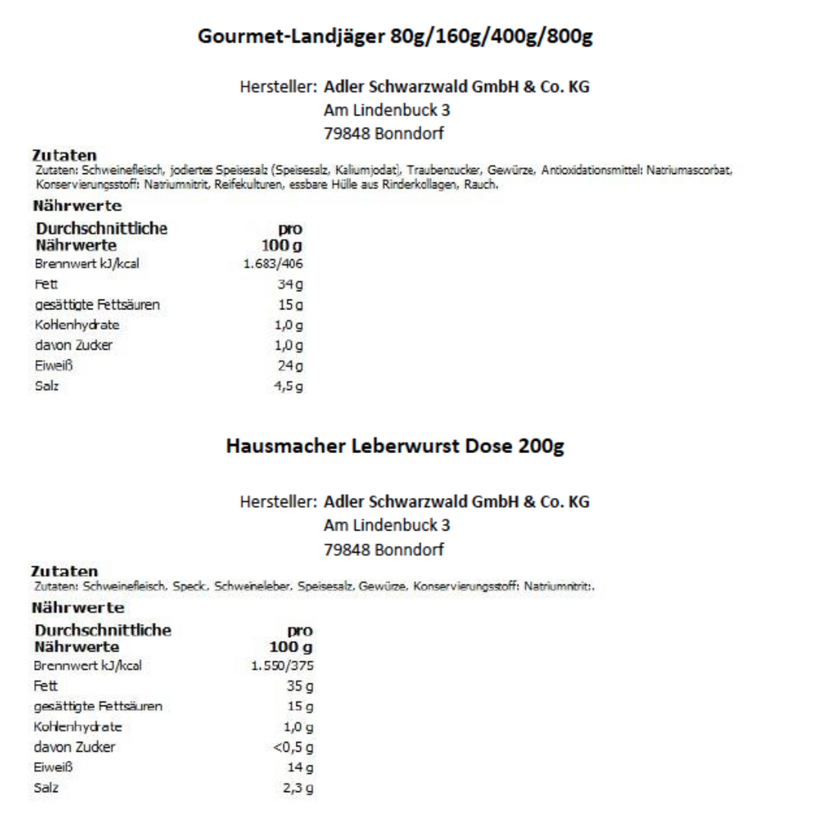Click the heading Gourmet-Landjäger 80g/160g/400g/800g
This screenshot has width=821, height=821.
coord(395,38)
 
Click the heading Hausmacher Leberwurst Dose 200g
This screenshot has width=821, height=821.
coord(395,447)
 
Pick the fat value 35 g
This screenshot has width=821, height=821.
coord(299,686)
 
